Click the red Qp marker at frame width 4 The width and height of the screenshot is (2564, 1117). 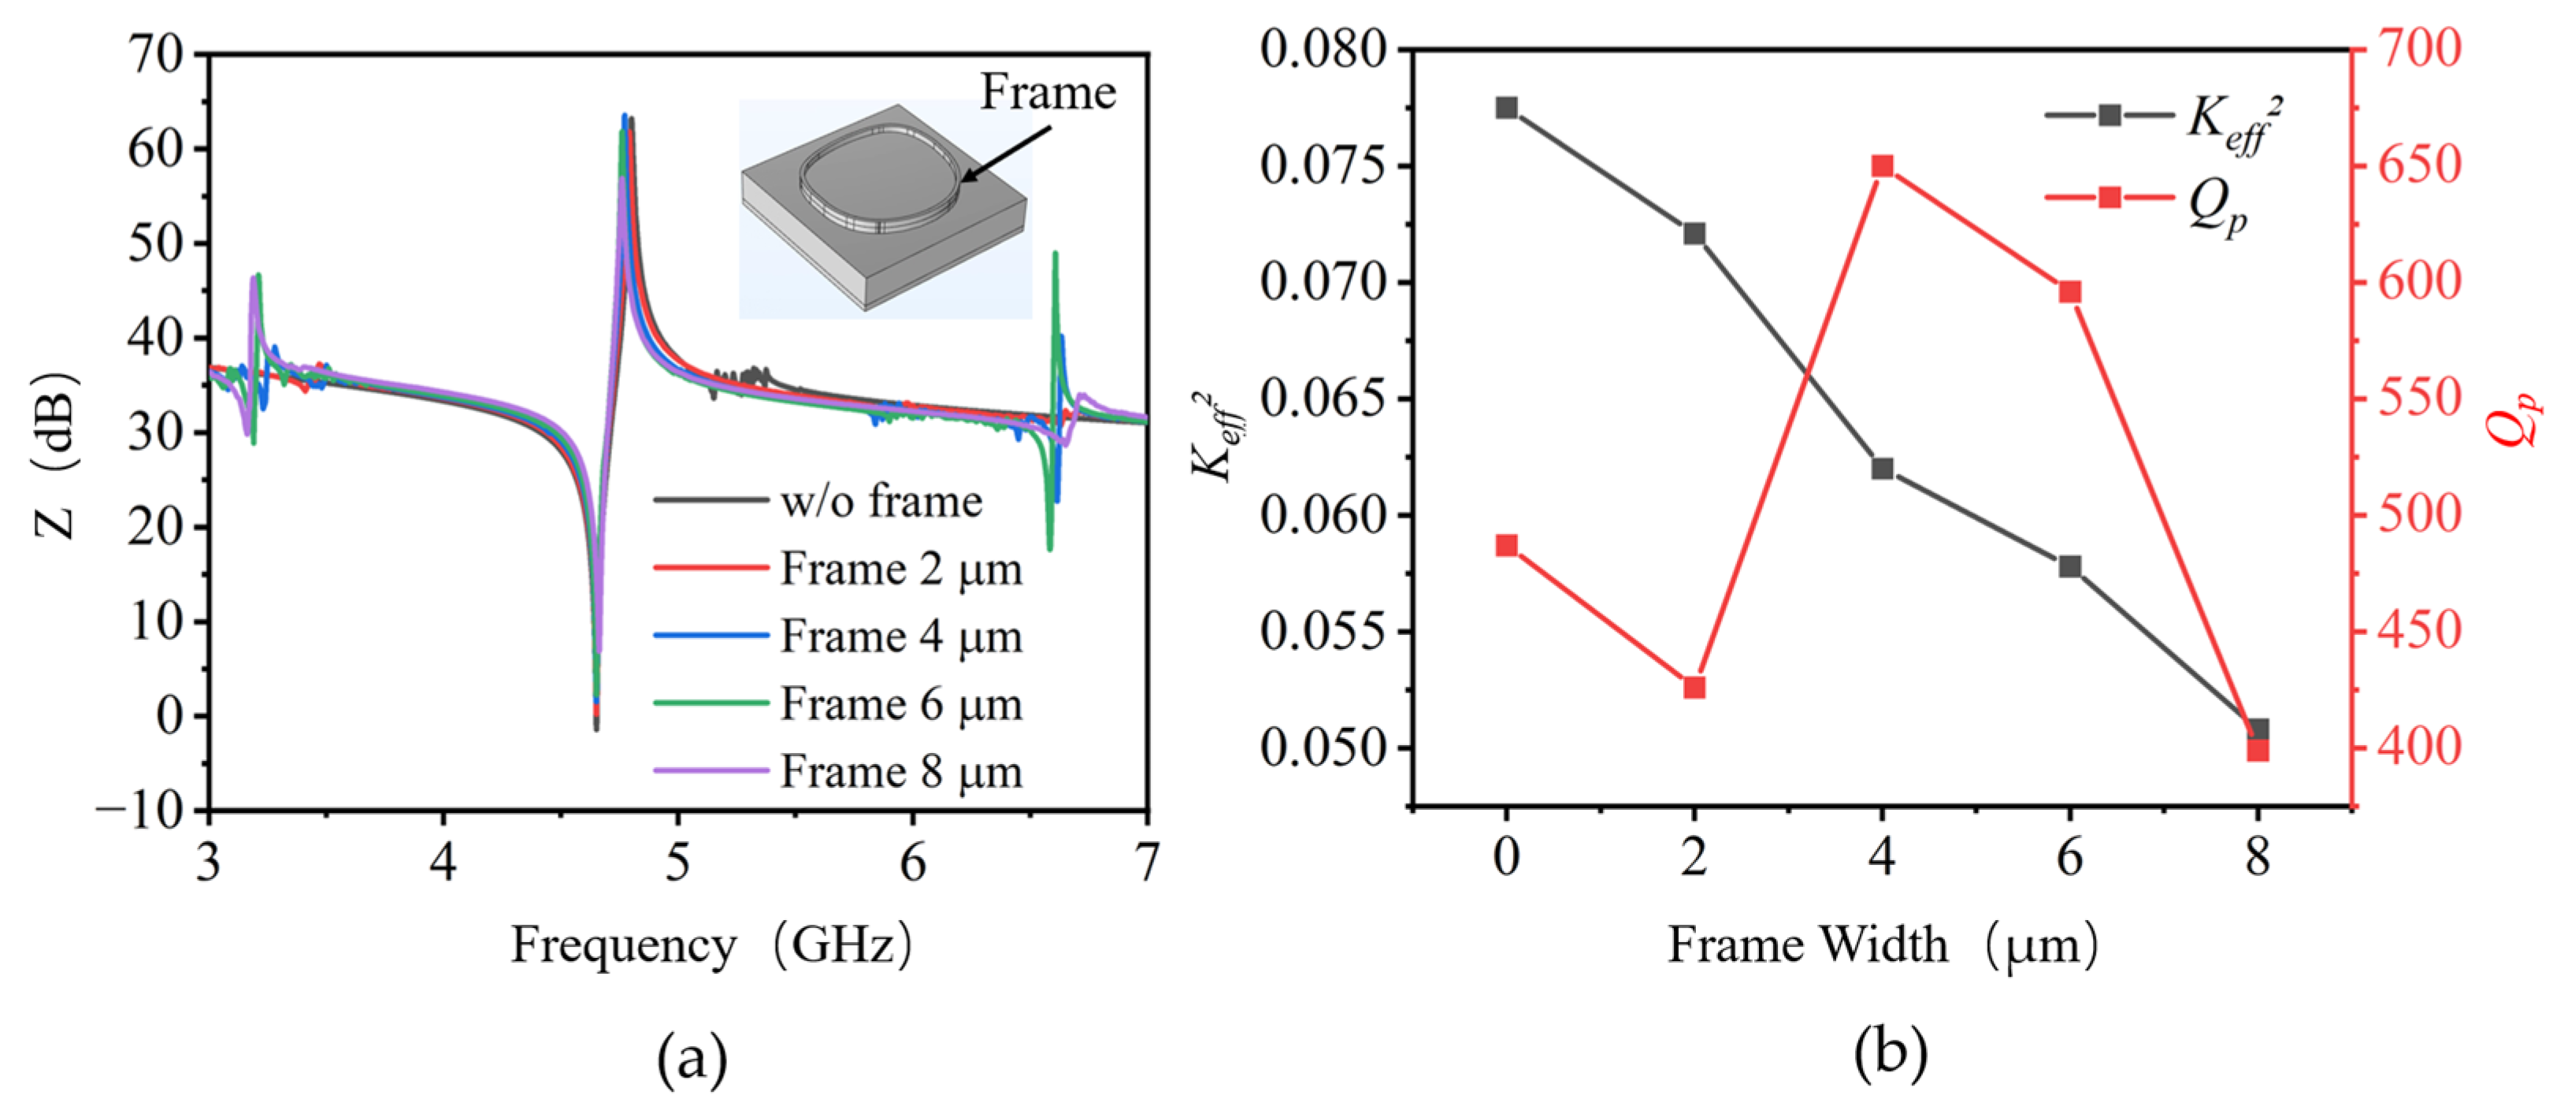click(1881, 166)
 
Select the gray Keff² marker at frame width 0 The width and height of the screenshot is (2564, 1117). click(1506, 107)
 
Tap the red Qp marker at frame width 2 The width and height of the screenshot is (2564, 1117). click(1694, 688)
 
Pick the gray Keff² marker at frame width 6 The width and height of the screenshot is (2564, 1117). click(2069, 566)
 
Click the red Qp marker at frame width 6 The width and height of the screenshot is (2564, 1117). click(2069, 291)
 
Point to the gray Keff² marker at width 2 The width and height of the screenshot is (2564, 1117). click(1694, 234)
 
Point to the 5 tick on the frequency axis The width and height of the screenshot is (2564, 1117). click(678, 862)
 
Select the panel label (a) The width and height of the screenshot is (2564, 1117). click(692, 1058)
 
